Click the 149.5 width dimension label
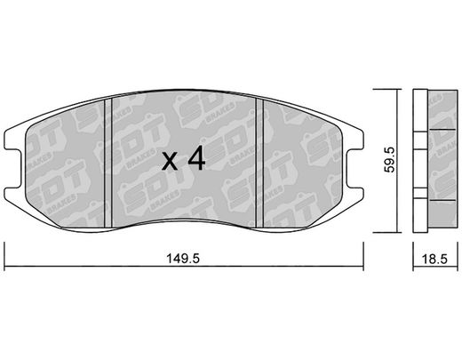click(183, 259)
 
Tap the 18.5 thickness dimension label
click(434, 259)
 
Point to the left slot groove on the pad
click(108, 164)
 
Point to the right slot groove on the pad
click(259, 164)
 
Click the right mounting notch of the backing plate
click(354, 168)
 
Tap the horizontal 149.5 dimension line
click(184, 267)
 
